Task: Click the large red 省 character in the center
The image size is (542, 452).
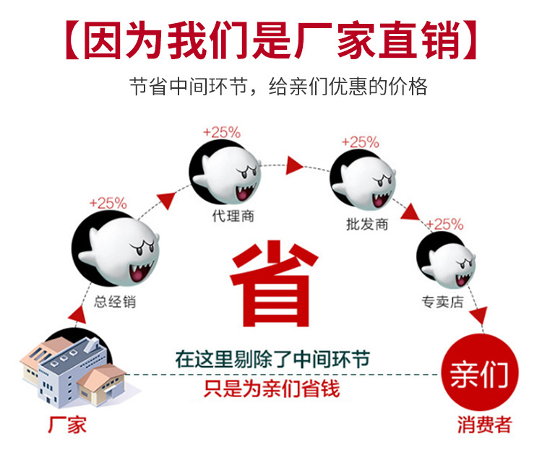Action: (274, 284)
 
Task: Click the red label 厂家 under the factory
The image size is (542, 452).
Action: (67, 425)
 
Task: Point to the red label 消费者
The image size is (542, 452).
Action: (485, 425)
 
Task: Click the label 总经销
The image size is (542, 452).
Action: (115, 302)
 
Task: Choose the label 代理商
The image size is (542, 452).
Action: (233, 216)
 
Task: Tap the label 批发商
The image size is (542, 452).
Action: (367, 224)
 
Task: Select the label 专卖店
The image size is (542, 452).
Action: (442, 302)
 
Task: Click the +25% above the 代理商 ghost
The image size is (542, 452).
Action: (222, 132)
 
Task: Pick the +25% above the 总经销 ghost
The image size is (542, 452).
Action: (108, 203)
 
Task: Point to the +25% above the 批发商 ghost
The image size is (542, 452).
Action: (360, 142)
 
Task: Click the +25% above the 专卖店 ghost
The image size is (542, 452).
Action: (445, 225)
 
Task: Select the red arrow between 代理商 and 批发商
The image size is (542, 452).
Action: (294, 165)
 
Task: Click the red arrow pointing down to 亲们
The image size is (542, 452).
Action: (479, 316)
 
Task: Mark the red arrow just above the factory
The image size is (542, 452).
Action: (78, 314)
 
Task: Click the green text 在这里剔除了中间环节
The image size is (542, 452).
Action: (272, 359)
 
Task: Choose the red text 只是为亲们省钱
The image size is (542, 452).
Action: (272, 388)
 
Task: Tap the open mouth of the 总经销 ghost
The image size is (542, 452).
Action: (139, 271)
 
